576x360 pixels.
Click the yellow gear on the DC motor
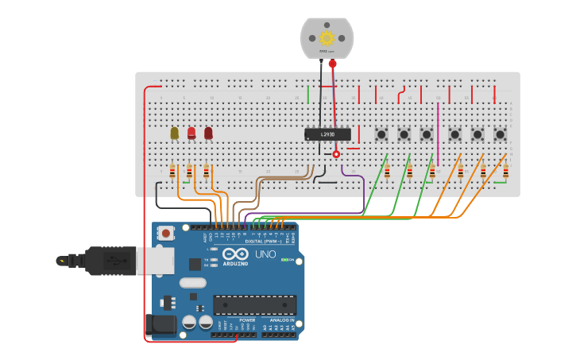[327, 37]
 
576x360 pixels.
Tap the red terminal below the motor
[332, 64]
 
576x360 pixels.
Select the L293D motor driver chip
[327, 135]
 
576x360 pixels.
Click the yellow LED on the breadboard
[175, 133]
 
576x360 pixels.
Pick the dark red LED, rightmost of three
[208, 133]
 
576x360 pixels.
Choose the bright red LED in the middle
[191, 133]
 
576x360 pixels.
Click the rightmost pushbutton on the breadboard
[500, 135]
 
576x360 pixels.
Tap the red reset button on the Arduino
[166, 233]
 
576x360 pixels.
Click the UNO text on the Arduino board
[265, 254]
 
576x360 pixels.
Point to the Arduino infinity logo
[235, 254]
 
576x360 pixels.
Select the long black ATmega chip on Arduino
[254, 305]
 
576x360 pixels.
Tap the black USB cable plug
[111, 260]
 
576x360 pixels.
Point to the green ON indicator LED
[285, 260]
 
